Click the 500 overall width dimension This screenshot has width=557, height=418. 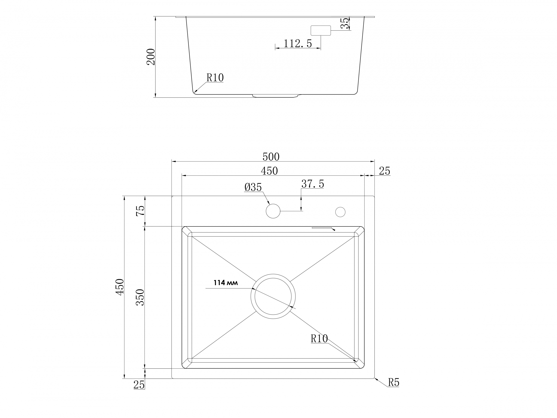271,157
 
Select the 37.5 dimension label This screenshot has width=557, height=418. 312,184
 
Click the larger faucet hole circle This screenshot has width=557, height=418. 273,211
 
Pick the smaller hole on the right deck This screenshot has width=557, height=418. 340,212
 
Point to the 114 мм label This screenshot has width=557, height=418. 226,283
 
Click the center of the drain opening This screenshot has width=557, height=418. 273,297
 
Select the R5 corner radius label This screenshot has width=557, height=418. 394,383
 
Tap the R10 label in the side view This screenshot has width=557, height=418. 215,78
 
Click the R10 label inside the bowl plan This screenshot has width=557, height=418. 319,339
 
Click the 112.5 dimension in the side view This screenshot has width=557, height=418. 298,44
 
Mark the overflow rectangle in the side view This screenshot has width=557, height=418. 320,30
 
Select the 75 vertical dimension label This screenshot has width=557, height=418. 140,211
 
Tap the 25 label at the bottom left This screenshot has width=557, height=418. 139,385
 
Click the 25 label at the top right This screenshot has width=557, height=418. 385,171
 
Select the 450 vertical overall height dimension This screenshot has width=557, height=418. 120,287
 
